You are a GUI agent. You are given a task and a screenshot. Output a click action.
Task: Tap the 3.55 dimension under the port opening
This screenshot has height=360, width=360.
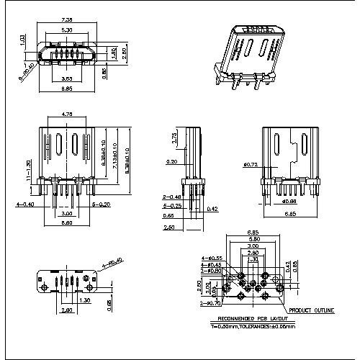66,77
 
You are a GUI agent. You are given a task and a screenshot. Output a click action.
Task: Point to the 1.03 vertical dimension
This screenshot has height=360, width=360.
22,41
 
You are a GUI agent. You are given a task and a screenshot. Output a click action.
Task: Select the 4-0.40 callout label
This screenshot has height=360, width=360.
24,204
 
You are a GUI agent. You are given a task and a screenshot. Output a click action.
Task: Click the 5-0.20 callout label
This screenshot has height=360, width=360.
102,204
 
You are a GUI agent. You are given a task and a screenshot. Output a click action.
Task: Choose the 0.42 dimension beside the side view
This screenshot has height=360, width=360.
212,210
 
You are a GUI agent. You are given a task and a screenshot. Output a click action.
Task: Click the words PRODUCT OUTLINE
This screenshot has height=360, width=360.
312,310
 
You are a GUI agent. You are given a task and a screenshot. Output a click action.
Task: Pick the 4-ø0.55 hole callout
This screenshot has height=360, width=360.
212,257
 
